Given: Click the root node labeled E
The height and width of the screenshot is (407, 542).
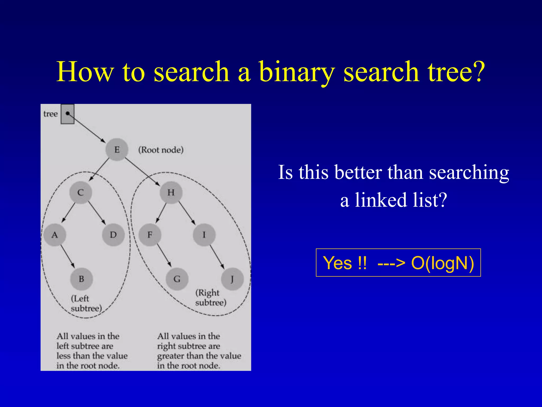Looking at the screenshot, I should (x=117, y=149).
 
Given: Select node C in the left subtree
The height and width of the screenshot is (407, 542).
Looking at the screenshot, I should (x=81, y=192).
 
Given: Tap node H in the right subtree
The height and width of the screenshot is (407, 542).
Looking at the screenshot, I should (x=171, y=192).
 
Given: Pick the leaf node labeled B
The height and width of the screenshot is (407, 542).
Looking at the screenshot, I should (x=82, y=279).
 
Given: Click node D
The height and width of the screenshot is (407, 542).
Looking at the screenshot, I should (x=113, y=235).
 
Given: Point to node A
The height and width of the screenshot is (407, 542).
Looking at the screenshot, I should (x=55, y=235).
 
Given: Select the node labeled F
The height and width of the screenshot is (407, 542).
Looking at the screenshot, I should (x=150, y=235).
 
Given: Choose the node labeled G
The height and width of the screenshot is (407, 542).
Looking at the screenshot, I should (x=177, y=279).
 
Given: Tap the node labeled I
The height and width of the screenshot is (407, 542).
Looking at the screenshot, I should (x=204, y=235).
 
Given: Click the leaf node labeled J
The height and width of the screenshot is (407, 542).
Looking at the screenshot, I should (x=232, y=279).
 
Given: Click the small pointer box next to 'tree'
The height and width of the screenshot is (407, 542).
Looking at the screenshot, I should (x=67, y=114).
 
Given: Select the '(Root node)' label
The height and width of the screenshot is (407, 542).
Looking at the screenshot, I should (x=161, y=150).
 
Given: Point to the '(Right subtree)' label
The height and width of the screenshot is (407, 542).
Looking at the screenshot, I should (x=211, y=298).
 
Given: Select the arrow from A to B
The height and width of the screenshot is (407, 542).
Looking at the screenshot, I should (x=68, y=256).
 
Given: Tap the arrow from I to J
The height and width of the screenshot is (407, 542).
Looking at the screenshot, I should (x=217, y=256).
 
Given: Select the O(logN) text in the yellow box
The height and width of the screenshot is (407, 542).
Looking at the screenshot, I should (x=442, y=263).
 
